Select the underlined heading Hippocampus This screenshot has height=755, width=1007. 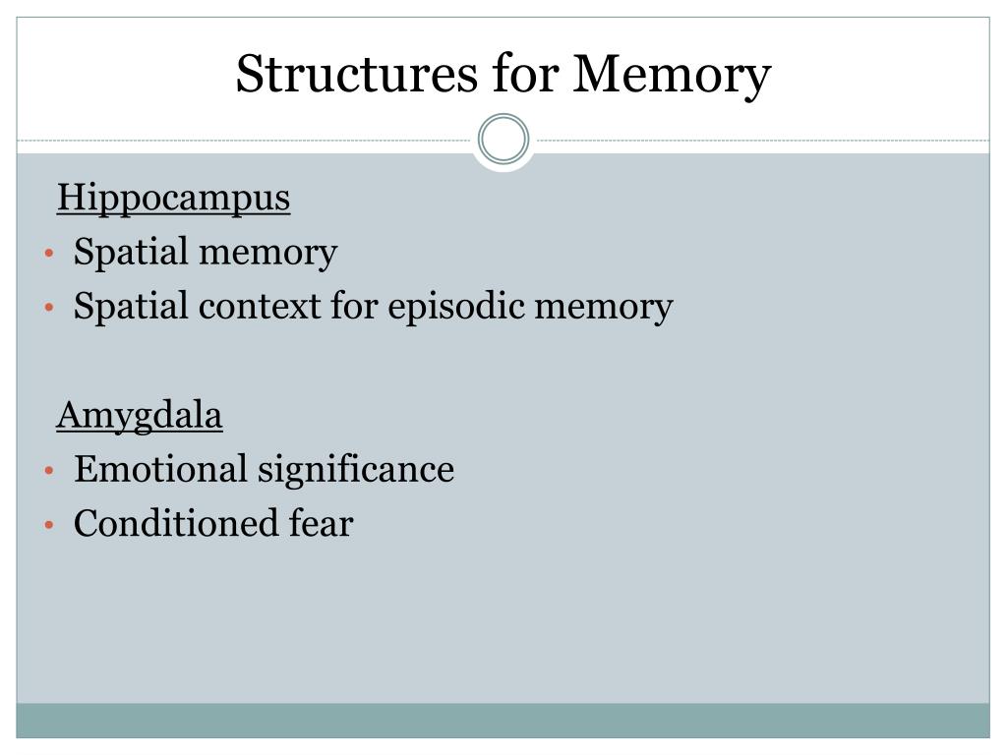point(174,199)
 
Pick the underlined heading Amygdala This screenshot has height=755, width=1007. point(140,417)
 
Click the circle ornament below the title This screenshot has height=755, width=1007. point(503,141)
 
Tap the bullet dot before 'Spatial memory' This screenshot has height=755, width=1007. point(48,255)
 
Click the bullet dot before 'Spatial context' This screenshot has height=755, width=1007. point(48,309)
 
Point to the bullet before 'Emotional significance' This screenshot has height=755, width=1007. point(48,472)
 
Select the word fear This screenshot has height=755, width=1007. point(321,524)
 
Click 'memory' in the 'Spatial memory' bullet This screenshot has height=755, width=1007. point(267,254)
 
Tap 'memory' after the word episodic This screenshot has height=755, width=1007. point(603,308)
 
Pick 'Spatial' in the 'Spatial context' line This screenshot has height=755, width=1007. point(132,308)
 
